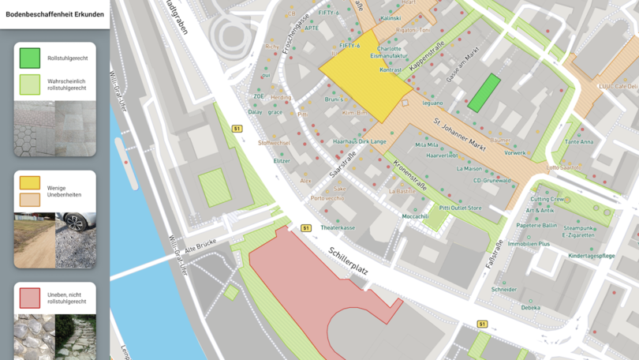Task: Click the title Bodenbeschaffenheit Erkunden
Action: (54, 14)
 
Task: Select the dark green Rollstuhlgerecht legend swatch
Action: (30, 58)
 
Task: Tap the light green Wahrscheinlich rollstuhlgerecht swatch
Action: (30, 84)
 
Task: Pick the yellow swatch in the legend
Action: (30, 182)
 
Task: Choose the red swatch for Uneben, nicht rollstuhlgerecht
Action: (30, 298)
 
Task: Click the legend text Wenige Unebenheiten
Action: (64, 191)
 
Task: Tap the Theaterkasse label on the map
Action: (338, 228)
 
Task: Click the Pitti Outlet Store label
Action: (461, 208)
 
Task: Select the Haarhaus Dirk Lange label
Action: (360, 141)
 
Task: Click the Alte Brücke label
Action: (200, 248)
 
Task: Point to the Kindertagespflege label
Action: (591, 256)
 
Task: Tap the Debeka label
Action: (530, 308)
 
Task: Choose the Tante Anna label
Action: (579, 142)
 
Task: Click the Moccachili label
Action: (415, 216)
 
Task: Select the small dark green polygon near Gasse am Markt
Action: (484, 93)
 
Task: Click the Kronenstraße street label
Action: (410, 176)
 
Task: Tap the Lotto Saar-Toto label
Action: (563, 167)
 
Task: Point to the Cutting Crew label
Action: (547, 200)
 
